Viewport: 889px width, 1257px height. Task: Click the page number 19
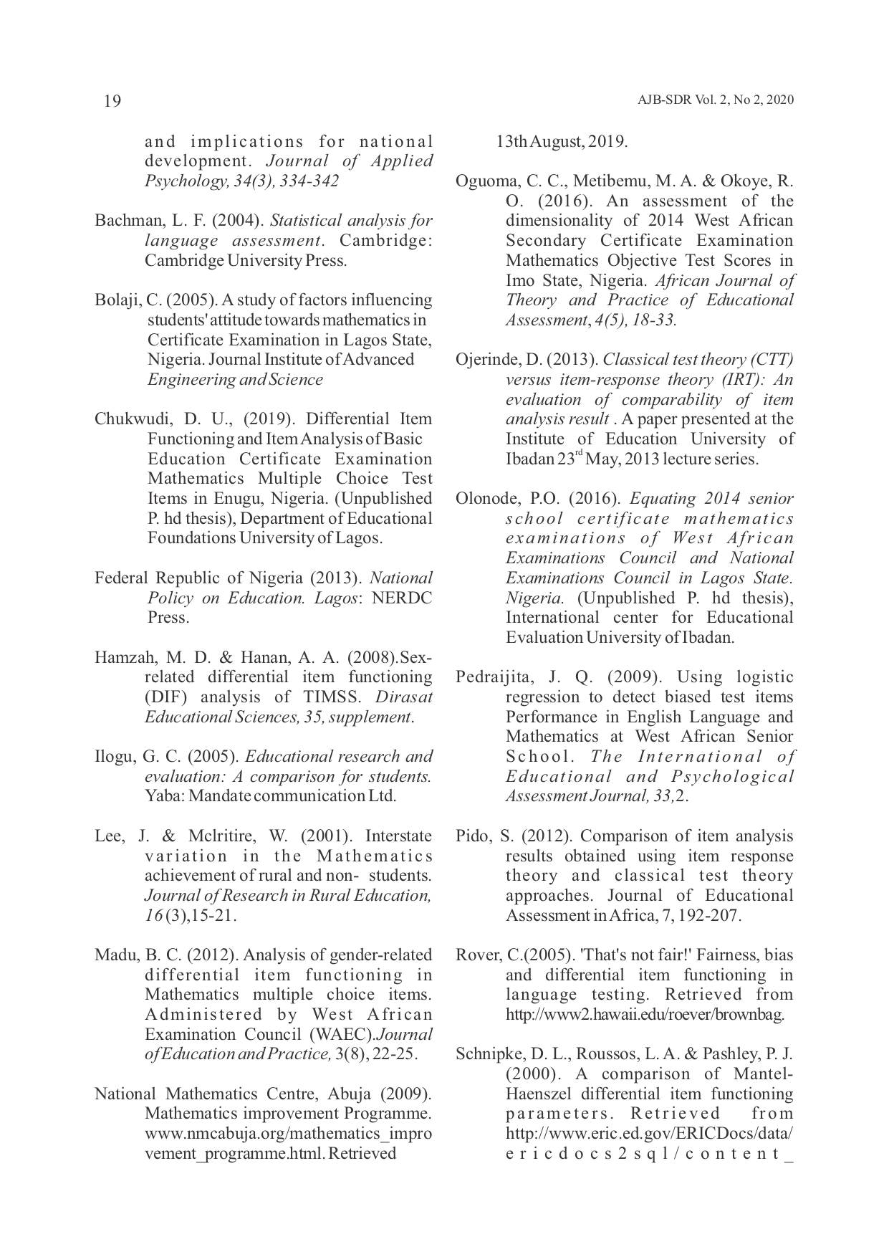tap(112, 101)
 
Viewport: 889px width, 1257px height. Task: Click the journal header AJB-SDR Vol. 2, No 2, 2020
tap(715, 100)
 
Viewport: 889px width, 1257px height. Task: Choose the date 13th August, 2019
tap(562, 141)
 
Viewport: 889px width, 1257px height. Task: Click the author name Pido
tap(472, 836)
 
